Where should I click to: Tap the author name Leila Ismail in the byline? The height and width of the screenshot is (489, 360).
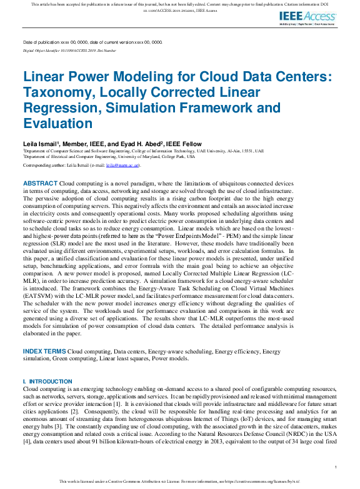[41, 144]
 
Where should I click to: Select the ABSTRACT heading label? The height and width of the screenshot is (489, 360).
[39, 182]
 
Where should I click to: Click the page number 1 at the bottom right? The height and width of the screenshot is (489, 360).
[336, 467]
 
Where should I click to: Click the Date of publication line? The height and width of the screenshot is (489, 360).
[92, 42]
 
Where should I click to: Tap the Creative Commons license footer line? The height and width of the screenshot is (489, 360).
[180, 482]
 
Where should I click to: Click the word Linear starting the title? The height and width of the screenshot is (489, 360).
[45, 77]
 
